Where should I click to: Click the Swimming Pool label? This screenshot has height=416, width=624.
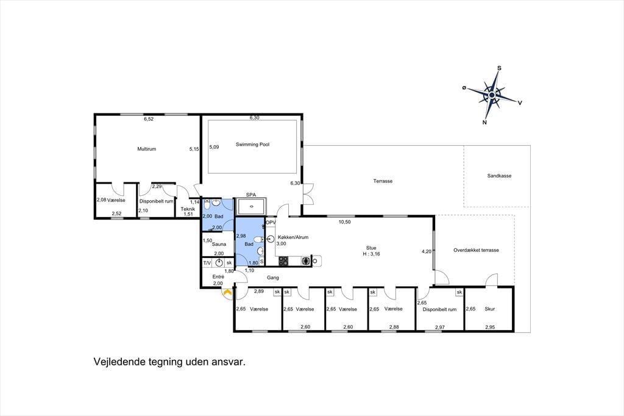(252, 144)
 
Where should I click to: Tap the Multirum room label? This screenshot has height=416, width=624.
(146, 149)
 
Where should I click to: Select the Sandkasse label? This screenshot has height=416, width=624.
(499, 176)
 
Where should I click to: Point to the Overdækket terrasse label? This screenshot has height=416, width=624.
(476, 250)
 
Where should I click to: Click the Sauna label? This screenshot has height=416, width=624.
(219, 244)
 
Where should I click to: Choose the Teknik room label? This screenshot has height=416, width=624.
(188, 209)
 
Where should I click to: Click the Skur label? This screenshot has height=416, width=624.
(490, 309)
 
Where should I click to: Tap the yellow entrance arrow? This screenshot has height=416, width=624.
(227, 293)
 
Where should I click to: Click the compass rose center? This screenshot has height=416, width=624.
(492, 95)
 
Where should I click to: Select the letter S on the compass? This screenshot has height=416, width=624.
(500, 68)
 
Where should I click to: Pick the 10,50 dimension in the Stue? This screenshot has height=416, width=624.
(345, 222)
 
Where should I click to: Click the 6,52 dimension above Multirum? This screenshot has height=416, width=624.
(149, 119)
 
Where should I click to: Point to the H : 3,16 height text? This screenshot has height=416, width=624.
(371, 254)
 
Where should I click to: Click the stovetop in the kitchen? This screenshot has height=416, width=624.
(283, 261)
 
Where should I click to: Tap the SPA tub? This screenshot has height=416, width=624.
(251, 207)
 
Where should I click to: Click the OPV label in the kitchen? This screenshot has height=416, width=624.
(271, 223)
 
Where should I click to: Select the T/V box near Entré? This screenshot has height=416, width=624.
(207, 263)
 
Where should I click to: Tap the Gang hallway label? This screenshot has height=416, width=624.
(273, 278)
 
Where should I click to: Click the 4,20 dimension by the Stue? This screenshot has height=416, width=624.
(427, 251)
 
